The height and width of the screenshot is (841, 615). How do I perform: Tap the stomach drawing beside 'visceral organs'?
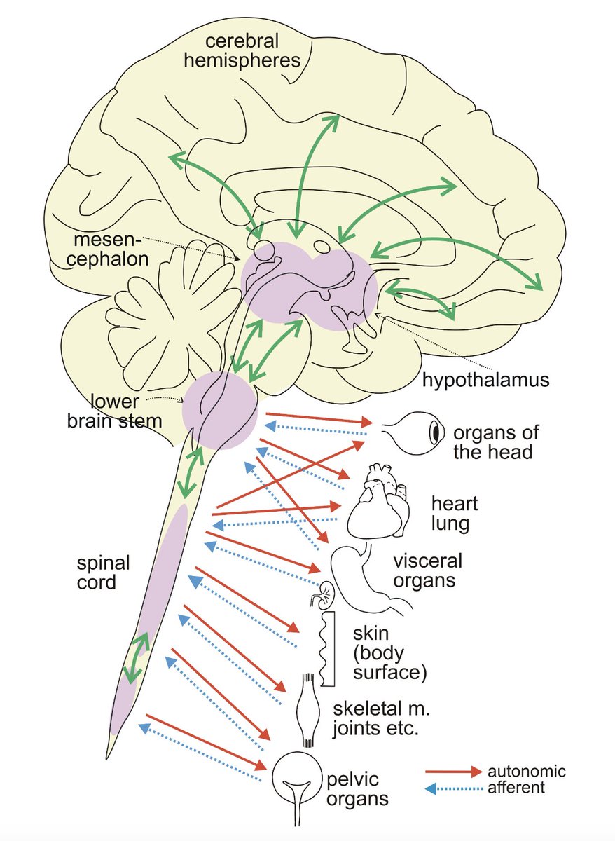(x=364, y=575)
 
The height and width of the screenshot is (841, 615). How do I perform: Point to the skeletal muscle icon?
(x=310, y=711)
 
